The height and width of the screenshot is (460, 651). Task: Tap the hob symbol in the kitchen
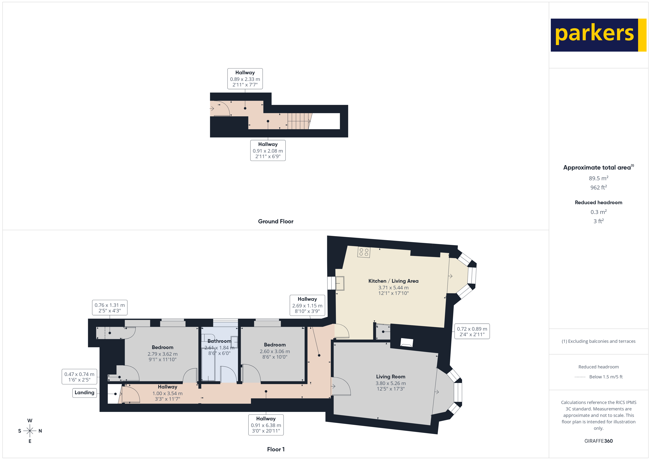point(364,252)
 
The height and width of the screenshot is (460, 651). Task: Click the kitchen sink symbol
point(340,283)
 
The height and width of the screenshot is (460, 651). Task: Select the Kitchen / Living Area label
point(393,281)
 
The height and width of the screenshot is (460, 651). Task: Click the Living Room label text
point(390,377)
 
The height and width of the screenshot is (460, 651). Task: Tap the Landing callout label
point(85,393)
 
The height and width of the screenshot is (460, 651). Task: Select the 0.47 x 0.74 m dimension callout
point(79,377)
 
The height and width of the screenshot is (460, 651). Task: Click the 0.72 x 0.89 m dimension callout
point(472,331)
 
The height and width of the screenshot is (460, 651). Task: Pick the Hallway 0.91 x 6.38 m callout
point(266,425)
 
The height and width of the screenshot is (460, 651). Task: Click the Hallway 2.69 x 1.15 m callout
point(307,305)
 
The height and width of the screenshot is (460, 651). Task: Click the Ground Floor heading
point(276,222)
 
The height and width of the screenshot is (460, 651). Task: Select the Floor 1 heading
point(276,449)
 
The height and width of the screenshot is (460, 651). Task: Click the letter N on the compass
point(40,431)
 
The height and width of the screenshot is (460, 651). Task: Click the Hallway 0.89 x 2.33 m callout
point(245,79)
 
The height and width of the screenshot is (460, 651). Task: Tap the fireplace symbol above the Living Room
point(406,342)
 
